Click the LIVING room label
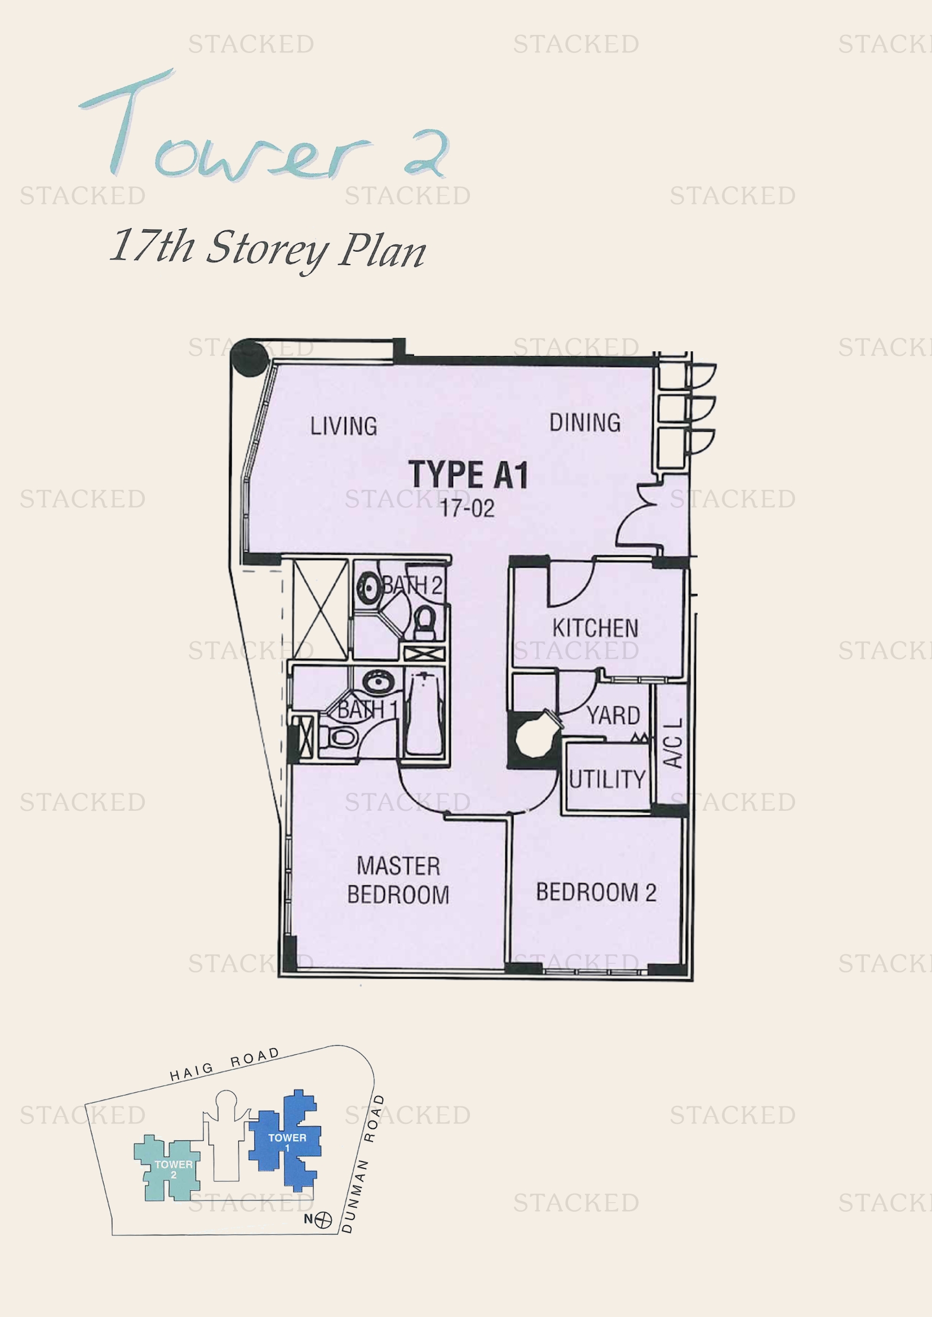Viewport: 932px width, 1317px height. tap(343, 426)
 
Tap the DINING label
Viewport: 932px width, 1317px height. tap(585, 423)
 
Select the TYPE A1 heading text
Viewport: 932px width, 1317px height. tap(468, 475)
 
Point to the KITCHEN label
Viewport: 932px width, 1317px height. tap(595, 628)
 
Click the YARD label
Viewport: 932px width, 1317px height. tap(613, 715)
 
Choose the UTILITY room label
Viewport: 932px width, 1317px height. tap(607, 779)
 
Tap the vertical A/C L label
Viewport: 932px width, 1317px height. tap(673, 743)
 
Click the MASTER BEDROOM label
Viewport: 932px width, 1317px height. tap(398, 881)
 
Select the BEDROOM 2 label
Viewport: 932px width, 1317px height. tap(596, 892)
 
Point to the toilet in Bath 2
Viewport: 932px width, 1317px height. tap(425, 622)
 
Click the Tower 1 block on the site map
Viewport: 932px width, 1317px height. tap(287, 1139)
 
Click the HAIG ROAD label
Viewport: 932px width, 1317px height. tap(224, 1064)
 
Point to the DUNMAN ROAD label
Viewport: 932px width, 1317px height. tap(361, 1164)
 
